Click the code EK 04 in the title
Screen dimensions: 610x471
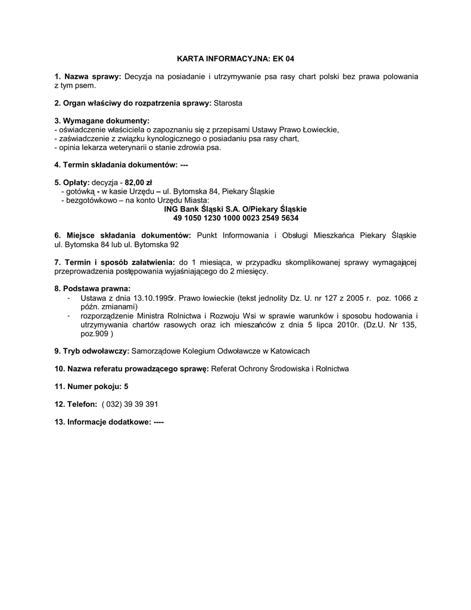point(283,59)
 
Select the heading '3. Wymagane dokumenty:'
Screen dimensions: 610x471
point(101,121)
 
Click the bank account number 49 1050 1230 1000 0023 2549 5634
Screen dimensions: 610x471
point(236,218)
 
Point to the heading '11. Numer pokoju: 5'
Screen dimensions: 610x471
point(91,386)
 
